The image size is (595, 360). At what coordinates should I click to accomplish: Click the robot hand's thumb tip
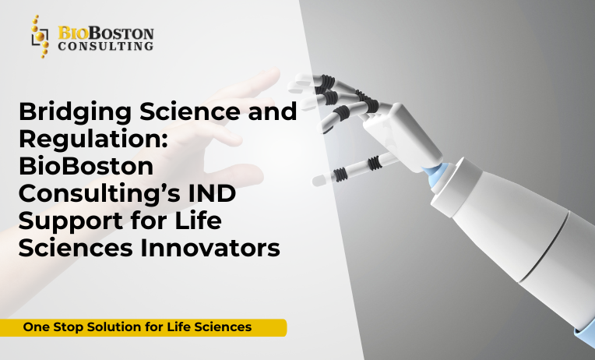(x=318, y=180)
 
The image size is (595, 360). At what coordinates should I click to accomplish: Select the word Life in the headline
(x=195, y=221)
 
